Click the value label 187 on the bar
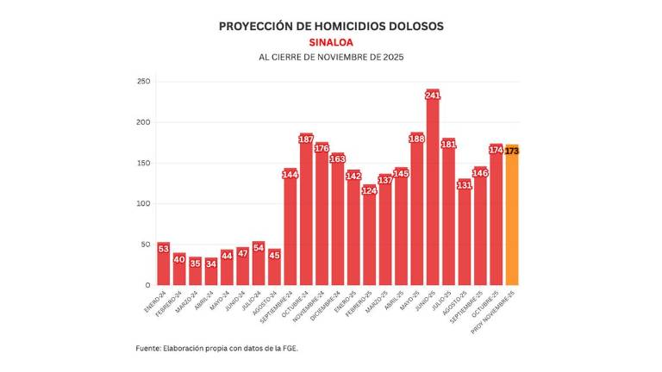tap(306, 139)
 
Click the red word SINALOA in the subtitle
tap(331, 41)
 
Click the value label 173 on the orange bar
tap(512, 151)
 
